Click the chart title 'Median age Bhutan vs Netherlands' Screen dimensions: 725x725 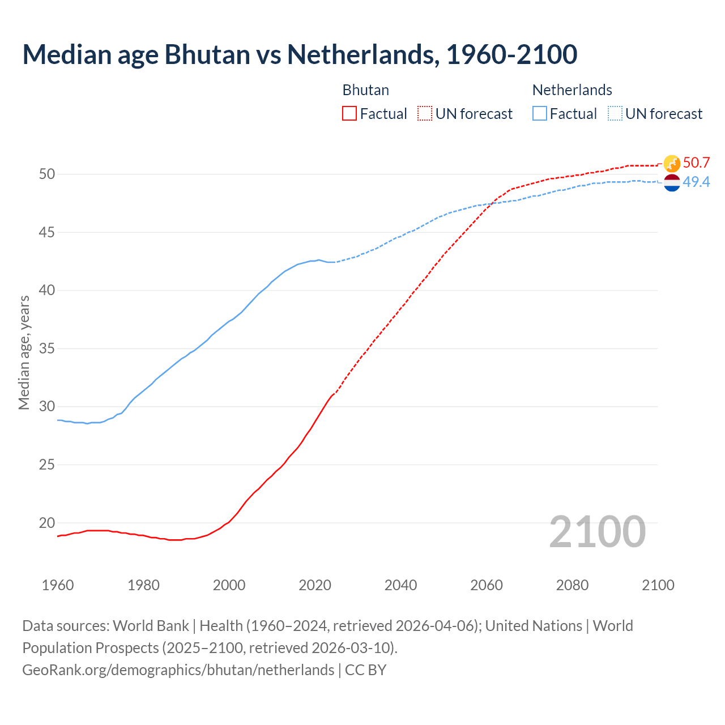point(300,54)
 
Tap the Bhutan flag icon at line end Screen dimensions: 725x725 point(672,163)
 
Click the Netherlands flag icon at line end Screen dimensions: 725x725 point(672,182)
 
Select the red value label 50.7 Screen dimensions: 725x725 point(696,163)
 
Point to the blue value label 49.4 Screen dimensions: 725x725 point(696,182)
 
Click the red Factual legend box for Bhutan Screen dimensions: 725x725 point(349,114)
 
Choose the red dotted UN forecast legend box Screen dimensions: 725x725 point(425,114)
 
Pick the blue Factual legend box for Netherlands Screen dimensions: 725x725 point(540,114)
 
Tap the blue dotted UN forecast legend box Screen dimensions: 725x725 point(615,114)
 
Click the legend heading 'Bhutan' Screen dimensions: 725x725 point(366,90)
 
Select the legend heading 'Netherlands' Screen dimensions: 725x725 point(572,90)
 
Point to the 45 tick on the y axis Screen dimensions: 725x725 point(47,232)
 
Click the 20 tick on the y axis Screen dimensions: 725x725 point(47,523)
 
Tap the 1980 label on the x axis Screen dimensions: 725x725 point(143,585)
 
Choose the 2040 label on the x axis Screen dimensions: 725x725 point(400,585)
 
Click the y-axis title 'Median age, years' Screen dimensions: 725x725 point(24,352)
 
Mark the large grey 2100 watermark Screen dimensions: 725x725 point(597,532)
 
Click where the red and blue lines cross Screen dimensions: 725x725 point(491,203)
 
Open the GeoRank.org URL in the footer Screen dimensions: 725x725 point(178,670)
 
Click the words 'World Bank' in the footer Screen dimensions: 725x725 point(151,626)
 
